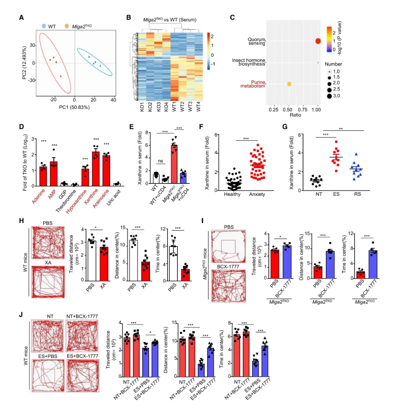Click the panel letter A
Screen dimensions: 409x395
point(22,17)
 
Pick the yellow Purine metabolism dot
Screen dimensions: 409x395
point(289,84)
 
